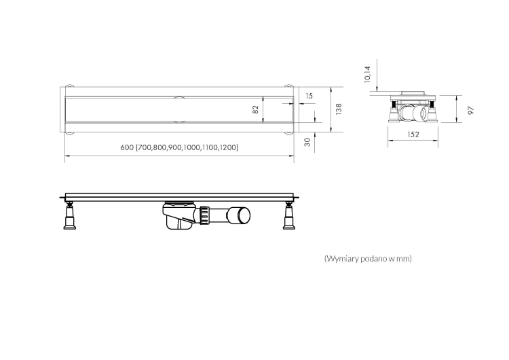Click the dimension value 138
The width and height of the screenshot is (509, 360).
point(339,109)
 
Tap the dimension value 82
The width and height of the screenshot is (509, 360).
point(255,109)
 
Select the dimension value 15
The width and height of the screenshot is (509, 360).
point(309,96)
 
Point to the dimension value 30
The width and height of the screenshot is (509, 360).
point(307,142)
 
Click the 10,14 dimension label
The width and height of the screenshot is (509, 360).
point(367,75)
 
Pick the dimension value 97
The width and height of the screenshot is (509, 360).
point(471,111)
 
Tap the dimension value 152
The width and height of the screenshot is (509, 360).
point(413,134)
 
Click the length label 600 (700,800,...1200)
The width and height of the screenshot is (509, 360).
point(179,147)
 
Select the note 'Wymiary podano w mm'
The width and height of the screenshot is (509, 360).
point(368,259)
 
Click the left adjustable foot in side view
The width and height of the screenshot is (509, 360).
point(69,216)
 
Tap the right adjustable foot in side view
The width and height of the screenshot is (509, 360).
point(288,216)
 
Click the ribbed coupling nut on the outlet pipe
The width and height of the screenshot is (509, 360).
point(204,215)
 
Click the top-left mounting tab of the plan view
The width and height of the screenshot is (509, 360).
point(69,86)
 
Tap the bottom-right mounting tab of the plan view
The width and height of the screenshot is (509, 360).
point(288,132)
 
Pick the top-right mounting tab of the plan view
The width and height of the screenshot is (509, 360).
point(288,86)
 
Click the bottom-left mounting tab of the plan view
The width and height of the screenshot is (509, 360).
point(69,132)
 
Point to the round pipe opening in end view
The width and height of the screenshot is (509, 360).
point(423,114)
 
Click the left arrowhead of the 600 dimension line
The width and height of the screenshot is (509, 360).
point(67,156)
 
